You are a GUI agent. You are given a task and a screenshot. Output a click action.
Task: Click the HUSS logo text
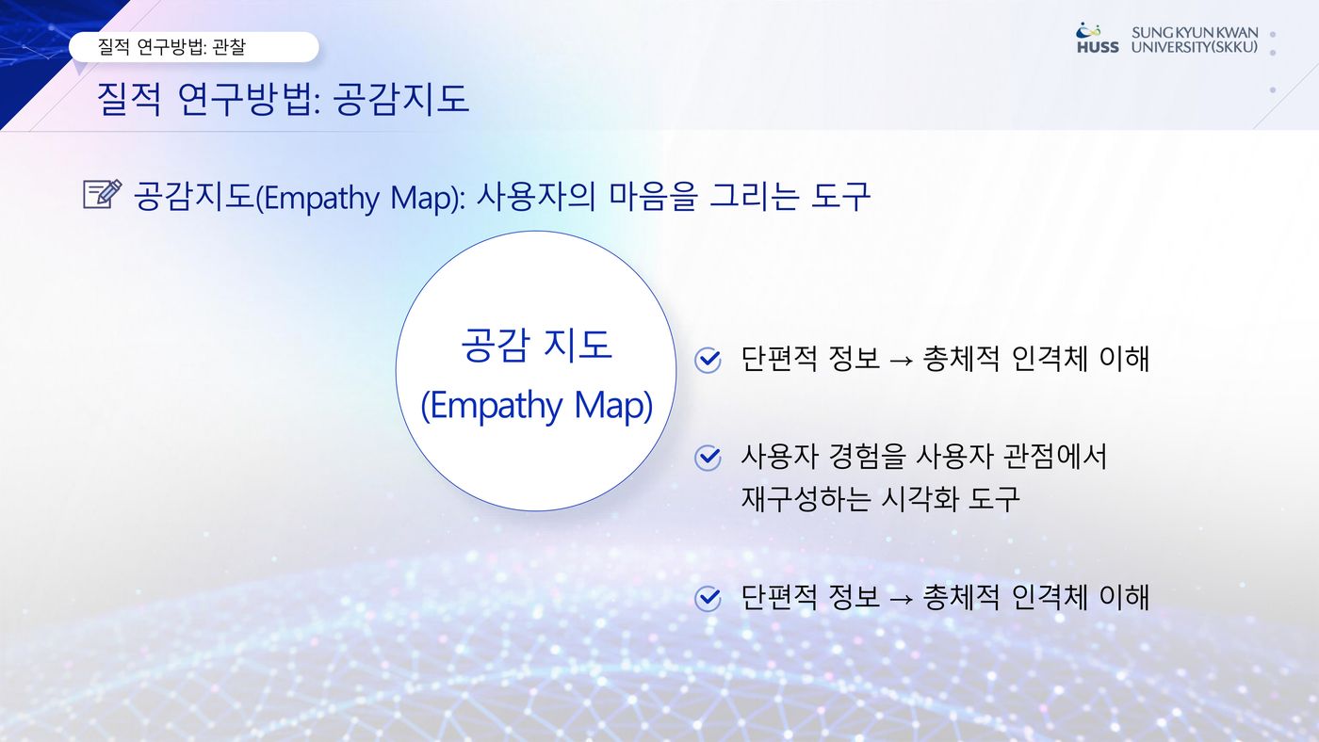pyautogui.click(x=1098, y=47)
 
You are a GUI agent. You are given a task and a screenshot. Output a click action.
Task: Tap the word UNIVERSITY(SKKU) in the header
pyautogui.click(x=1195, y=47)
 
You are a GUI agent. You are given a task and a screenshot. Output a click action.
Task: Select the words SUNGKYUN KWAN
pyautogui.click(x=1195, y=32)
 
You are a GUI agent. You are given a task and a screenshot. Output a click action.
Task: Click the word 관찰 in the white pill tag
pyautogui.click(x=228, y=46)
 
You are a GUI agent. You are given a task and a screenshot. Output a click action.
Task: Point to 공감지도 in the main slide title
pyautogui.click(x=401, y=98)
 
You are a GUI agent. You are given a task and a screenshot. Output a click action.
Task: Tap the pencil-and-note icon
pyautogui.click(x=103, y=194)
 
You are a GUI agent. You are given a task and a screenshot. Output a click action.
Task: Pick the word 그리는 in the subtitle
pyautogui.click(x=755, y=196)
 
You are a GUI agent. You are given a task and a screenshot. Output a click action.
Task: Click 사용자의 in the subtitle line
pyautogui.click(x=536, y=196)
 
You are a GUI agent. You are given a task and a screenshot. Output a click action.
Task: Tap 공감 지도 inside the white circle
pyautogui.click(x=536, y=345)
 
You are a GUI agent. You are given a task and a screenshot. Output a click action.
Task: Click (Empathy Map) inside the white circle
pyautogui.click(x=536, y=406)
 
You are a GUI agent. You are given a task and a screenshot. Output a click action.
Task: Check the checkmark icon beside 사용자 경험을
pyautogui.click(x=708, y=458)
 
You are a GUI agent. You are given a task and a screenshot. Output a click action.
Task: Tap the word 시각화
pyautogui.click(x=920, y=499)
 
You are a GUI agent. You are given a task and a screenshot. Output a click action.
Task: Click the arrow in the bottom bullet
pyautogui.click(x=901, y=599)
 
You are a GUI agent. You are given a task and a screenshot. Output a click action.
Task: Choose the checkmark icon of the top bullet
pyautogui.click(x=708, y=360)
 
